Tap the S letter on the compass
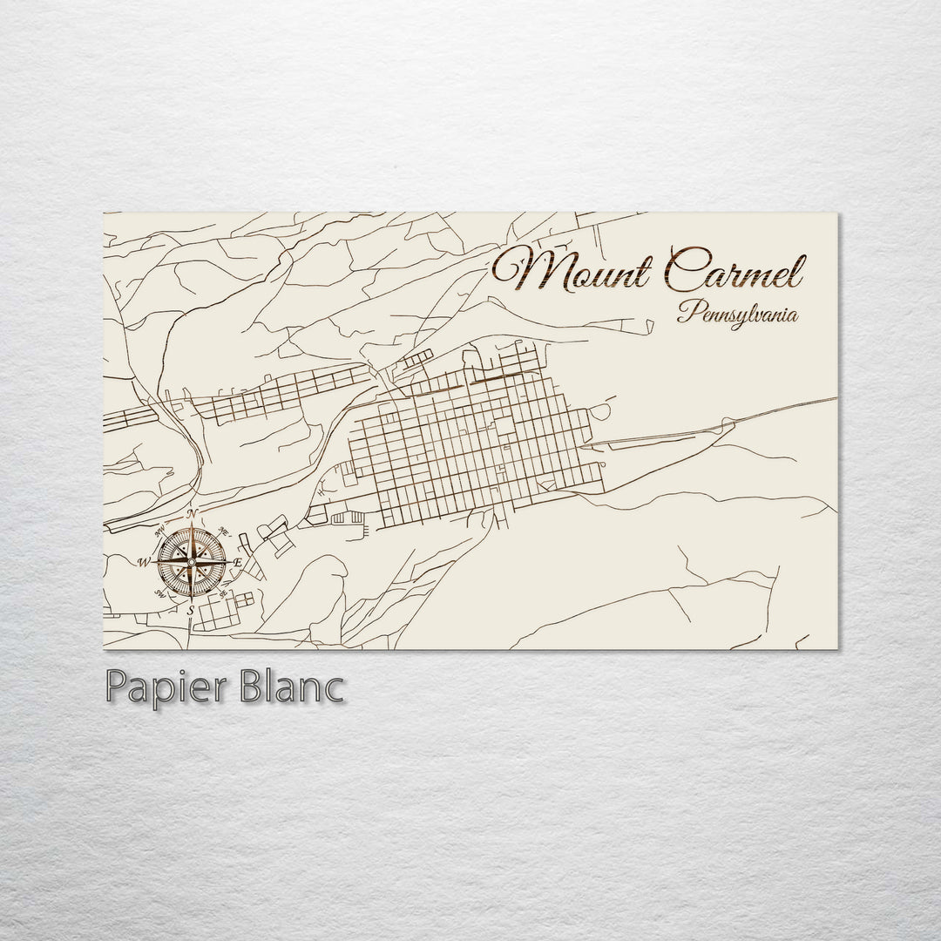(191, 611)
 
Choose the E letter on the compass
(237, 563)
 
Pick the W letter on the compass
(143, 562)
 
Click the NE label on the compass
(224, 529)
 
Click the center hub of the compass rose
(193, 562)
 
